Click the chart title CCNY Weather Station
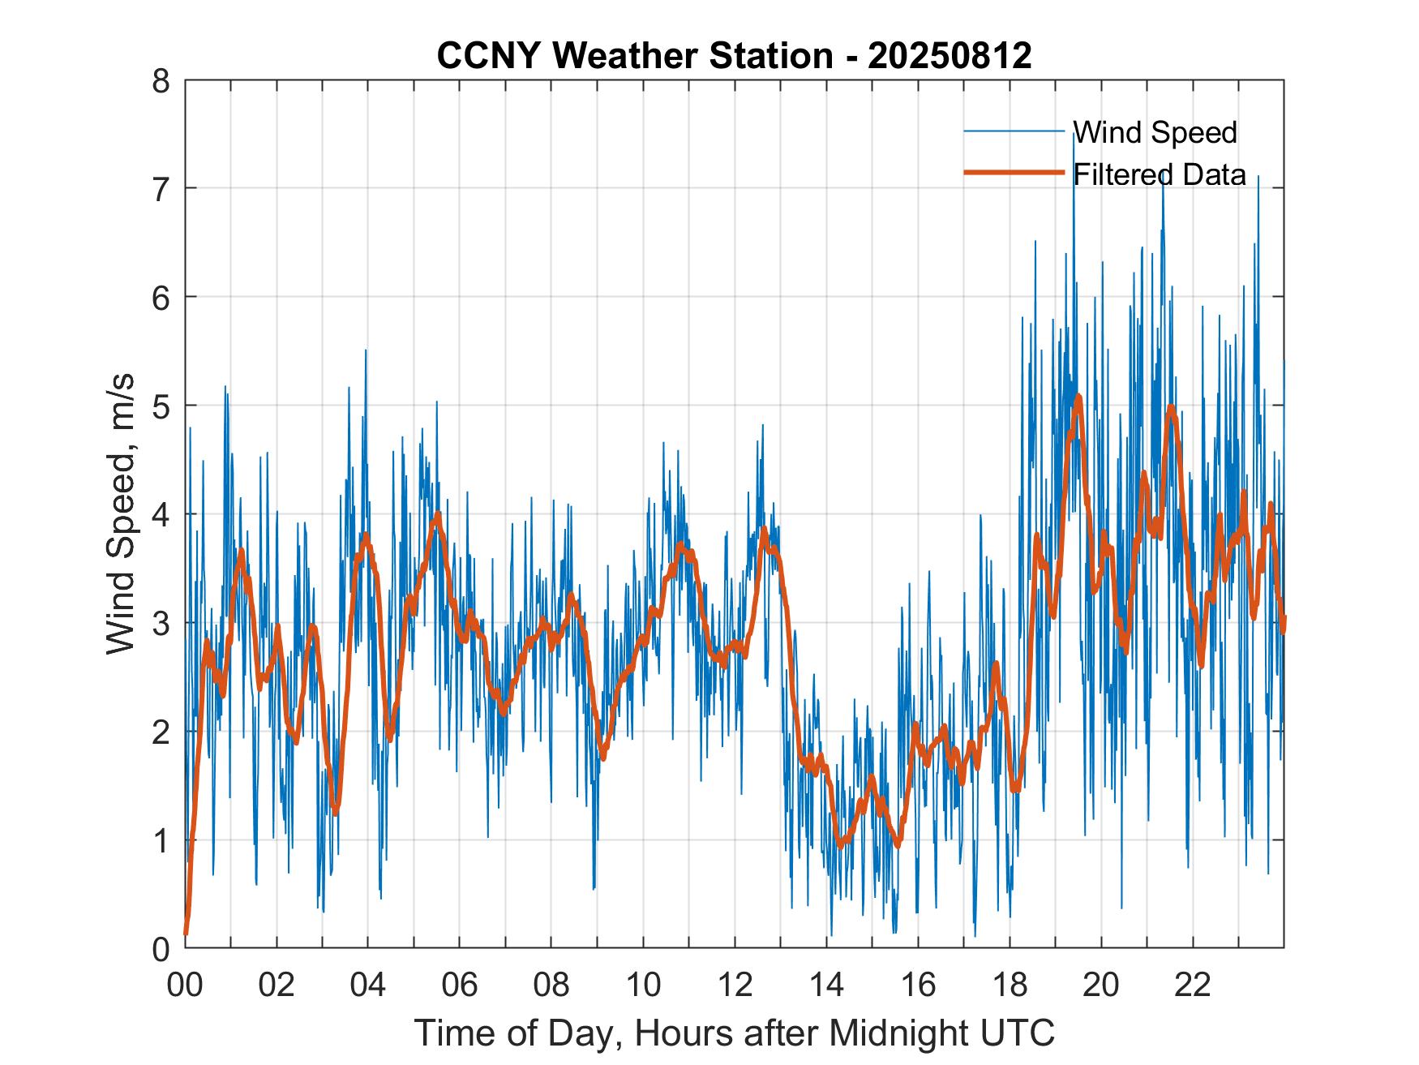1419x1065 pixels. click(734, 56)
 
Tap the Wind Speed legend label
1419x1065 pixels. click(1155, 132)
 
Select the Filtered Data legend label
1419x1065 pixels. click(1159, 174)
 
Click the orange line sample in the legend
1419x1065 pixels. click(1014, 173)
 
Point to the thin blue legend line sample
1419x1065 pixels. click(1014, 131)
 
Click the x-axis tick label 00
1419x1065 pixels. click(185, 985)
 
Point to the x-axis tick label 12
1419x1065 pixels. click(735, 985)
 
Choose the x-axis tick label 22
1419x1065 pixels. click(1193, 985)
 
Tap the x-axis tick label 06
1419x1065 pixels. click(460, 985)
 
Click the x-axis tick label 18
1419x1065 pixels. click(1010, 985)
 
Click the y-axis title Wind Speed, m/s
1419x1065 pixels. click(122, 514)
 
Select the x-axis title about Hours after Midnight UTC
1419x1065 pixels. click(734, 1033)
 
